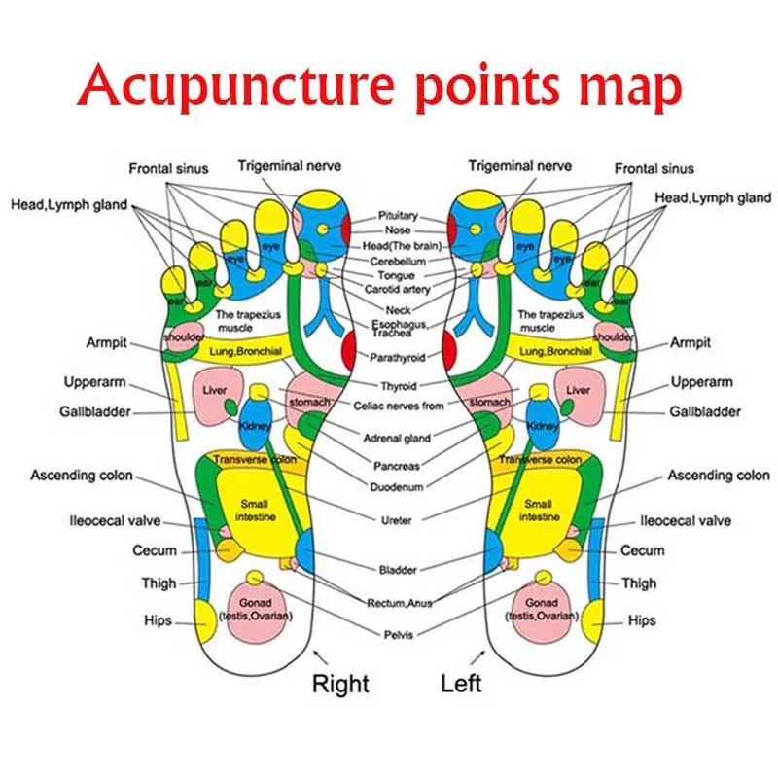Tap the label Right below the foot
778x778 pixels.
click(340, 683)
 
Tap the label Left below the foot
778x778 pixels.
click(461, 683)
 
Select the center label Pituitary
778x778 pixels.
click(398, 215)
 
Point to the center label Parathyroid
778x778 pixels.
click(398, 358)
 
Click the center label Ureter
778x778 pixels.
click(398, 520)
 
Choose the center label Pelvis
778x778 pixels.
click(398, 635)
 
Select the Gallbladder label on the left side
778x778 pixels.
click(97, 412)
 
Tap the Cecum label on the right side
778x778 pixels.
click(643, 550)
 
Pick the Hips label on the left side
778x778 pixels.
click(159, 620)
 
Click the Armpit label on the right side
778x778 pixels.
click(690, 342)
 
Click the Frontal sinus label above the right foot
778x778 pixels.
click(169, 168)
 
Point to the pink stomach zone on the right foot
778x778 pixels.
click(309, 399)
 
